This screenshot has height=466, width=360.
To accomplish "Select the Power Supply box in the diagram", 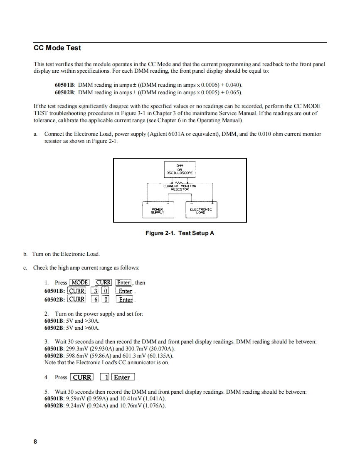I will point(158,210).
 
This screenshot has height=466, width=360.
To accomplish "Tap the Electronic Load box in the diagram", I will point(201,210).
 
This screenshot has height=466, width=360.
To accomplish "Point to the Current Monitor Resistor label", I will point(180,187).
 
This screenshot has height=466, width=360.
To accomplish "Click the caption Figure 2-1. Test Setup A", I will point(180,233).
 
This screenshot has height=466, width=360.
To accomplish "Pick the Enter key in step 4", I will point(122,378).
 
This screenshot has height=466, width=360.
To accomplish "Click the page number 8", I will point(35,442).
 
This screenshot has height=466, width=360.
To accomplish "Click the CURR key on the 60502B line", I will point(77,299).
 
